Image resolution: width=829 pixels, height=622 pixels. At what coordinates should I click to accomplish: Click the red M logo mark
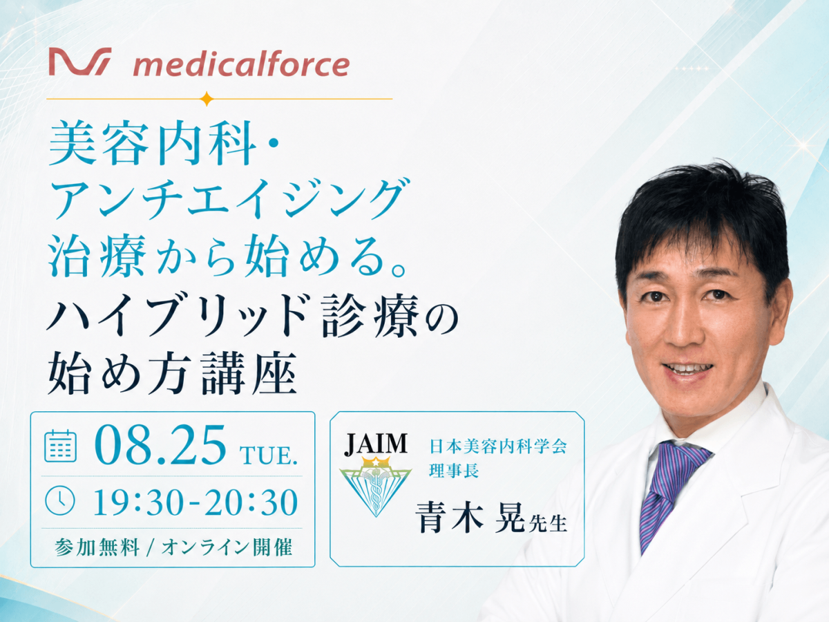[x=80, y=62]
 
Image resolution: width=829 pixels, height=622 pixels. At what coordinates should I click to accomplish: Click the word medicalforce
[x=241, y=66]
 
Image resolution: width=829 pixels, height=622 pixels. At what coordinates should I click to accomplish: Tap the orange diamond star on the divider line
[x=207, y=99]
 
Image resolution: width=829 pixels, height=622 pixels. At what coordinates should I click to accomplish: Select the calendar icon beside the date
[x=60, y=446]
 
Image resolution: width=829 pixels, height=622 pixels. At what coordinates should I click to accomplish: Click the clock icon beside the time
[x=60, y=501]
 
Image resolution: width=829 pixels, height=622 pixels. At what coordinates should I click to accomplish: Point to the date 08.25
[x=160, y=445]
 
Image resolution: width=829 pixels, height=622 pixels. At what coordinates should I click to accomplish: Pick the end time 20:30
[x=251, y=502]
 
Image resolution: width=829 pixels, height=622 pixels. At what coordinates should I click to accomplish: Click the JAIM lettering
[x=375, y=444]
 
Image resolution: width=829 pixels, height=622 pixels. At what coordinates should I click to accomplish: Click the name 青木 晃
[x=470, y=517]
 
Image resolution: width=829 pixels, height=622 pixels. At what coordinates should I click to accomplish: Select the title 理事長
[x=454, y=471]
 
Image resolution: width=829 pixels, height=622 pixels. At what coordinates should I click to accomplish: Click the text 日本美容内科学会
[x=498, y=446]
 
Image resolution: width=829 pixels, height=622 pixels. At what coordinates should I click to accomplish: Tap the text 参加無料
[x=97, y=547]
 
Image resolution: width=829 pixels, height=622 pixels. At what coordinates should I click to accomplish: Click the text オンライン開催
[x=227, y=547]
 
